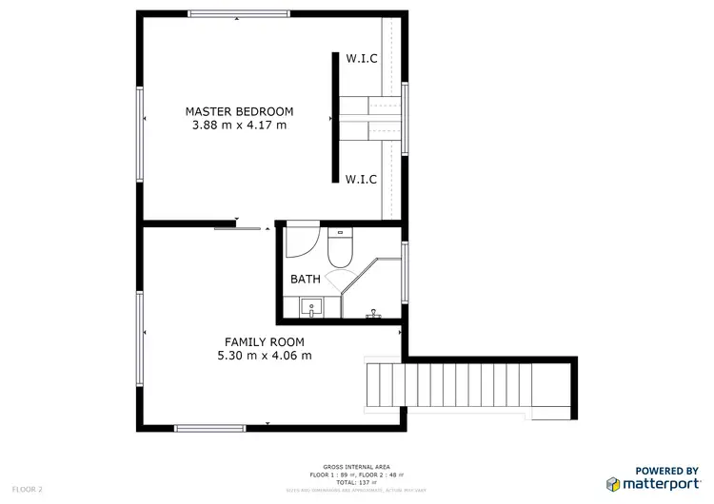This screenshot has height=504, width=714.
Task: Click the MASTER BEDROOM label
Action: (x=239, y=111)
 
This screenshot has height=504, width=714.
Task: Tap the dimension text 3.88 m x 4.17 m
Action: (x=239, y=126)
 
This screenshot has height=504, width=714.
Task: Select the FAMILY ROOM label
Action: (x=264, y=341)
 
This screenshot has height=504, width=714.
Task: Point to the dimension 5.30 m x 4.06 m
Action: (x=264, y=356)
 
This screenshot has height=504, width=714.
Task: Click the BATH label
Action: (x=306, y=280)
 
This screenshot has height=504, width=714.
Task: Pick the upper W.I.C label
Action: (x=361, y=59)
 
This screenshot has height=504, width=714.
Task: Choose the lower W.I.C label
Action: (x=361, y=178)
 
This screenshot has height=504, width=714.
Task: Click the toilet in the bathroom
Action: (x=339, y=248)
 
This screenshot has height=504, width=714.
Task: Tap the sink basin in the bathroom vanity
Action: (x=311, y=307)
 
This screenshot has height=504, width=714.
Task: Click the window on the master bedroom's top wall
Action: (x=238, y=14)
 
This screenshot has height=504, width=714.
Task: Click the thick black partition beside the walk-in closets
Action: (x=335, y=117)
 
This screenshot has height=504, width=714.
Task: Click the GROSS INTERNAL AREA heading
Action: (x=356, y=467)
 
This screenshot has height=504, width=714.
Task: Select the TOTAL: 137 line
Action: (x=356, y=482)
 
